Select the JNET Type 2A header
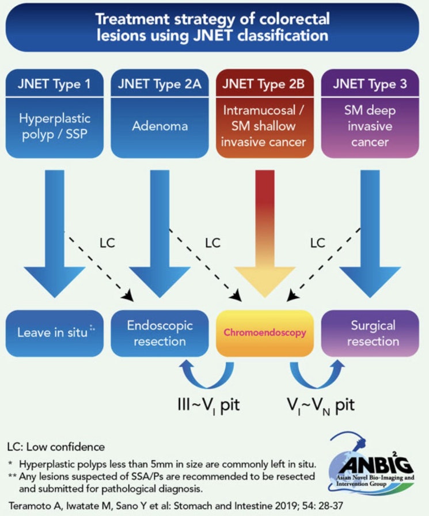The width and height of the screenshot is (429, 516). pyautogui.click(x=160, y=84)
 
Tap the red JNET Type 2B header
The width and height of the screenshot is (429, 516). pyautogui.click(x=265, y=84)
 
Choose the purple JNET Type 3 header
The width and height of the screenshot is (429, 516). pyautogui.click(x=370, y=84)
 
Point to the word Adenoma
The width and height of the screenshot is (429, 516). pyautogui.click(x=160, y=126)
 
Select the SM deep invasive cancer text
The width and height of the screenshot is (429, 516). pyautogui.click(x=370, y=126)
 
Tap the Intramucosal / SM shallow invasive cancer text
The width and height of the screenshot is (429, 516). pyautogui.click(x=265, y=126)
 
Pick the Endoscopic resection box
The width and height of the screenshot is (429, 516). pyautogui.click(x=160, y=332)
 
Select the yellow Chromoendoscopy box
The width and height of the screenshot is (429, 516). pyautogui.click(x=265, y=332)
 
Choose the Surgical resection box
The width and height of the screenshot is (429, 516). pyautogui.click(x=370, y=332)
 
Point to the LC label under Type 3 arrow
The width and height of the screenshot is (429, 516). pyautogui.click(x=318, y=243)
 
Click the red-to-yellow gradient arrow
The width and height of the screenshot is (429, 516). pyautogui.click(x=265, y=230)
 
